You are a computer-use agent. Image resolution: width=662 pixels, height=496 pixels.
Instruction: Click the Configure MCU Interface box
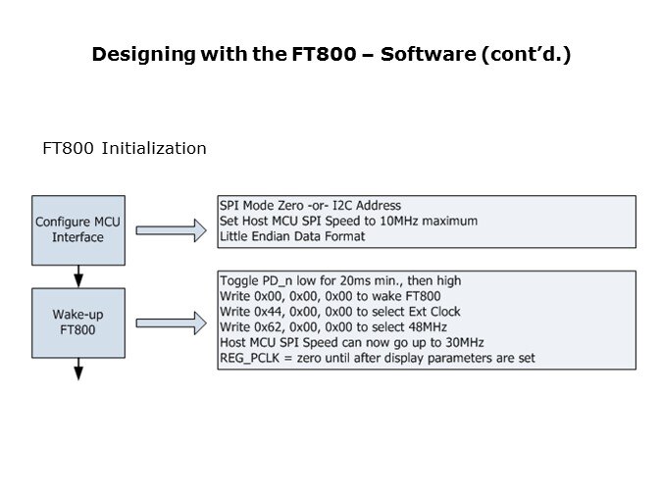coord(78,229)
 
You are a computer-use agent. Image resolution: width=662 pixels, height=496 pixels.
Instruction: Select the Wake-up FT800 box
coord(78,321)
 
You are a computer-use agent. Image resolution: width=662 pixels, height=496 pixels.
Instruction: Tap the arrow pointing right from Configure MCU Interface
coord(172,230)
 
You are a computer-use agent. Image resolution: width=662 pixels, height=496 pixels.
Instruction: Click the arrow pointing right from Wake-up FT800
coord(172,321)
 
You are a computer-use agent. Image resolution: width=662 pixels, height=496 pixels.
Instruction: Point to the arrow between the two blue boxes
coord(78,275)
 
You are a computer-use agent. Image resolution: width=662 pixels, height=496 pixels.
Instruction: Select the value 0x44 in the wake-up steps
coord(273,312)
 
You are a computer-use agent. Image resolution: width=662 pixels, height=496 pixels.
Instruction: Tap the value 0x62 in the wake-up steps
coord(273,326)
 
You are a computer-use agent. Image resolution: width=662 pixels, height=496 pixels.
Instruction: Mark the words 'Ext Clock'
coord(435,312)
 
